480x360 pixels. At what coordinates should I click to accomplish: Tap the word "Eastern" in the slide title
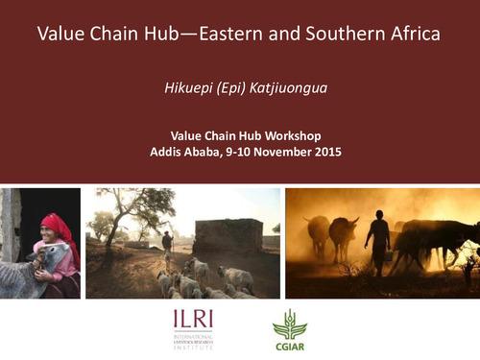(228, 35)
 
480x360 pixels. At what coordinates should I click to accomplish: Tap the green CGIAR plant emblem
(289, 323)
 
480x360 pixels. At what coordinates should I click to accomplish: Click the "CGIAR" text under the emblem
(290, 345)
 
